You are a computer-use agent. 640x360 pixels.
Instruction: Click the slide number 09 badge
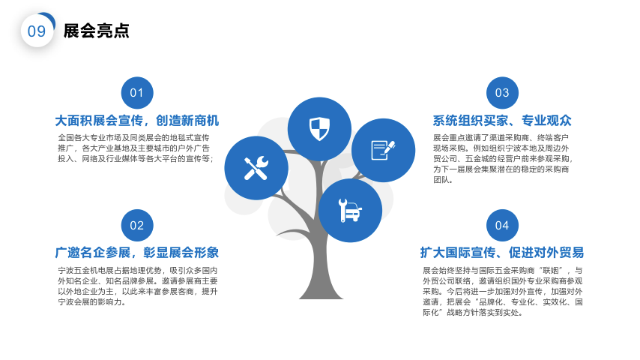(x=37, y=31)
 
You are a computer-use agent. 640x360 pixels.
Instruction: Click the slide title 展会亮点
(x=97, y=31)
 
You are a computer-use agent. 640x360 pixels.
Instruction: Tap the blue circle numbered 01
(x=137, y=93)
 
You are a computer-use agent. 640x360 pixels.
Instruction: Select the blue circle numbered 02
(x=137, y=225)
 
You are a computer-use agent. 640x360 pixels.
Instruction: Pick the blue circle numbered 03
(x=502, y=93)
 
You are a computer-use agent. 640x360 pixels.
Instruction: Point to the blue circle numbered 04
(x=502, y=225)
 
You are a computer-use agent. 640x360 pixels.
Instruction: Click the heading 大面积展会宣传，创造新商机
(x=137, y=121)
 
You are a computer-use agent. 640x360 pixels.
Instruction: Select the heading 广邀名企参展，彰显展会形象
(x=137, y=253)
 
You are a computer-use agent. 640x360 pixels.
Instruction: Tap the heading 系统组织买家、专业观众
(x=502, y=121)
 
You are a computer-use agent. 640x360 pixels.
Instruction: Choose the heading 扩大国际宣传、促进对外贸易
(x=502, y=253)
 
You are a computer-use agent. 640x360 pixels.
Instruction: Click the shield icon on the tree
(x=319, y=129)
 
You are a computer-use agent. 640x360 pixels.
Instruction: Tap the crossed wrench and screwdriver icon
(x=256, y=168)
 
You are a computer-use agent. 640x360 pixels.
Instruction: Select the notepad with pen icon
(x=383, y=150)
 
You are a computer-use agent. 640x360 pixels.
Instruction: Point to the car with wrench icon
(x=350, y=211)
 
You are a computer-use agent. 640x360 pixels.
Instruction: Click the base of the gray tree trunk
(x=321, y=295)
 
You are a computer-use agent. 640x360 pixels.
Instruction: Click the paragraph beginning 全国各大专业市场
(x=135, y=148)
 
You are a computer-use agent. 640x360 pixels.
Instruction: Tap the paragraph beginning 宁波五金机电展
(x=138, y=286)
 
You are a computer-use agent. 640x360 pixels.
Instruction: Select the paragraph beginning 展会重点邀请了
(x=502, y=158)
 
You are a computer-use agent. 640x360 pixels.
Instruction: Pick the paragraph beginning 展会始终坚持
(x=502, y=291)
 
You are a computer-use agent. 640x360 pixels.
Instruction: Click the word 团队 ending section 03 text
(x=441, y=180)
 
